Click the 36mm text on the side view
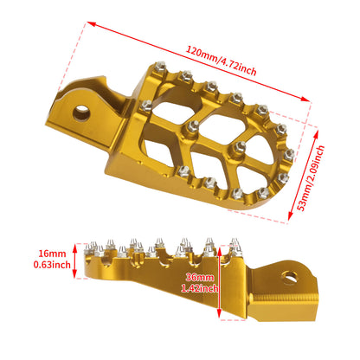tap(196, 277)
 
